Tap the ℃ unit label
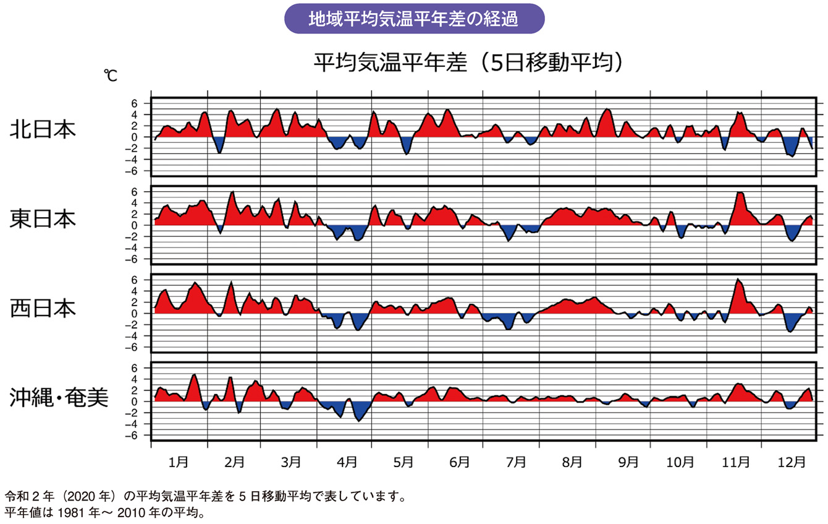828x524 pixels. point(111,76)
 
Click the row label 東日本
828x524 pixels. point(43,218)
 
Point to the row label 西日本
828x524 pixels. point(43,307)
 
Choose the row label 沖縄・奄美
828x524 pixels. point(59,397)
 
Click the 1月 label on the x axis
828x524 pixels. point(179,462)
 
